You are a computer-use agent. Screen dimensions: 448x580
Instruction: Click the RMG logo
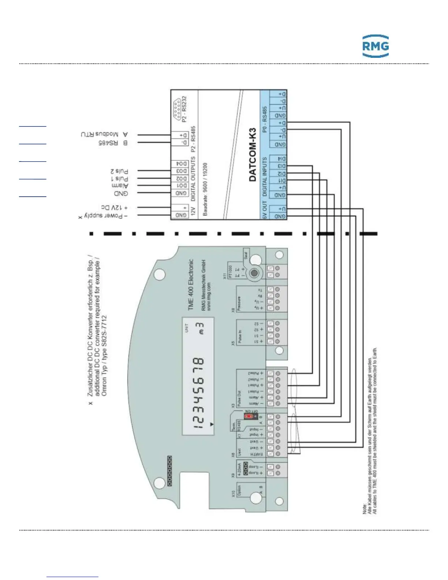[375, 46]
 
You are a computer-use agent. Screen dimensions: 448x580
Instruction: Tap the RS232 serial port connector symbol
[177, 109]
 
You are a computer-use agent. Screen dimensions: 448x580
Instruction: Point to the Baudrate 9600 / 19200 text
[205, 189]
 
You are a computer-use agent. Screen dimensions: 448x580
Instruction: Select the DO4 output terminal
[182, 164]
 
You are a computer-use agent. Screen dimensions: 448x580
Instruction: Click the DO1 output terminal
[182, 186]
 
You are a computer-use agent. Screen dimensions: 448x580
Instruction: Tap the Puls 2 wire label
[119, 171]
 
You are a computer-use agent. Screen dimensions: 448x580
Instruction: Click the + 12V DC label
[114, 208]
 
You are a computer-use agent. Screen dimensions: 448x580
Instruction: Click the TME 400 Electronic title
[190, 285]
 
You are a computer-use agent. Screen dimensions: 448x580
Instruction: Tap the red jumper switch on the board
[249, 416]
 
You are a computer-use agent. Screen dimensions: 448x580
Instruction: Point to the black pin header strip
[169, 471]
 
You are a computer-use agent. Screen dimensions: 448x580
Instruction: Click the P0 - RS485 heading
[265, 119]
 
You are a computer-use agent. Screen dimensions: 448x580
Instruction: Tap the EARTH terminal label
[257, 454]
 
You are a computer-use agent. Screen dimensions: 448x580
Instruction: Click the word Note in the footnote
[365, 509]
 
